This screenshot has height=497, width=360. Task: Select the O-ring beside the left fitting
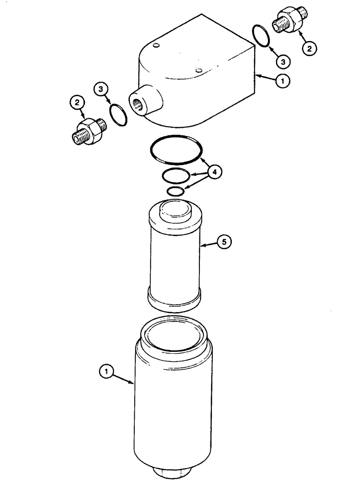117,115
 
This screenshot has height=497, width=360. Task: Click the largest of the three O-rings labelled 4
177,150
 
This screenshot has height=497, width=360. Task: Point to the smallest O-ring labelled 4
176,191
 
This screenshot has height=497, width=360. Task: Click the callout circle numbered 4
214,172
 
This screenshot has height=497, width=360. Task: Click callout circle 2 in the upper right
309,49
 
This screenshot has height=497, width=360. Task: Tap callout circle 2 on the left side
77,103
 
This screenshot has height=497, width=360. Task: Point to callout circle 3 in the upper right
283,62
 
